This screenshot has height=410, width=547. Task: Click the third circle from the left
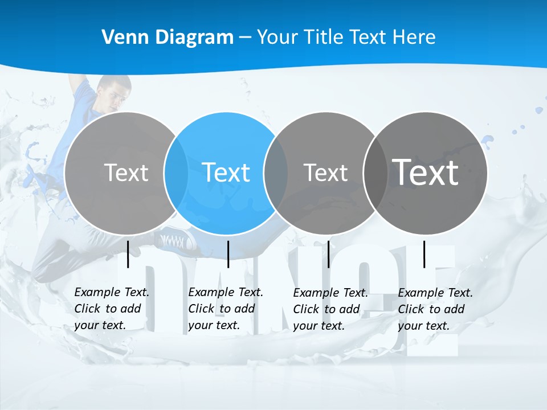[325, 205]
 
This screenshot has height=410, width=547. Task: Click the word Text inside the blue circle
[226, 173]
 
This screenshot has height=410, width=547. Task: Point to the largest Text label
[425, 172]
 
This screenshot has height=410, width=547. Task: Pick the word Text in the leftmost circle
[126, 173]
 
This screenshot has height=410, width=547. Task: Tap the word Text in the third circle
[325, 173]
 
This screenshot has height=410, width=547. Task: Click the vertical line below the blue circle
[228, 254]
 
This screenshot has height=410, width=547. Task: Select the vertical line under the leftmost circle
[128, 254]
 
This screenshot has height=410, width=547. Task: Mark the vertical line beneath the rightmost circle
[424, 254]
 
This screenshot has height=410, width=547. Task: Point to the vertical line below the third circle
[328, 254]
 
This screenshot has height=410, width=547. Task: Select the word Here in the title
[414, 38]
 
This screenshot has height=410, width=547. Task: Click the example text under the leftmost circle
[111, 309]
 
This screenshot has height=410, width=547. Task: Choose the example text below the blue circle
[225, 309]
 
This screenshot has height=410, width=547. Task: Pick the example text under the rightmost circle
[435, 309]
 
